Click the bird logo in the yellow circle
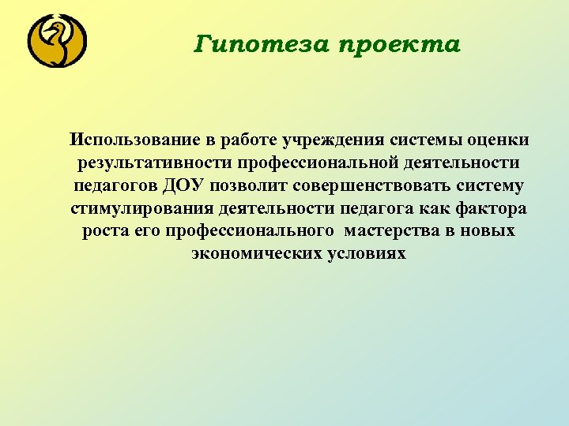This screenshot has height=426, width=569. click(57, 42)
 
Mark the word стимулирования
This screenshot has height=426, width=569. click(124, 209)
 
